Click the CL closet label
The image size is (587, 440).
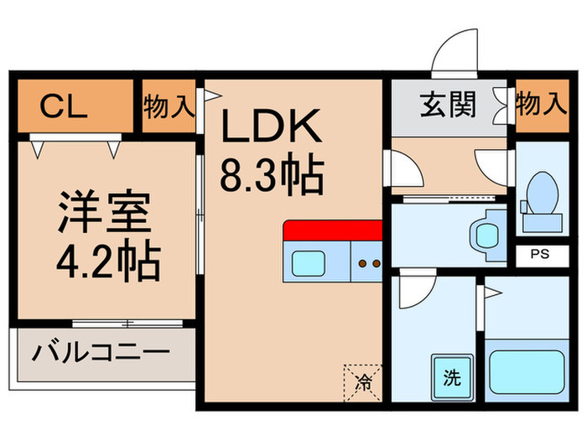[64, 106]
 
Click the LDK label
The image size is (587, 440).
[270, 129]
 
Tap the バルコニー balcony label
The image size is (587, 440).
[101, 353]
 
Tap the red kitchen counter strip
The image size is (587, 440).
[332, 230]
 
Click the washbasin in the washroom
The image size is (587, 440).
[486, 236]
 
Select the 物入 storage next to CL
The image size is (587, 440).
[168, 106]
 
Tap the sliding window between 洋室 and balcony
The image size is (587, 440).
[126, 323]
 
